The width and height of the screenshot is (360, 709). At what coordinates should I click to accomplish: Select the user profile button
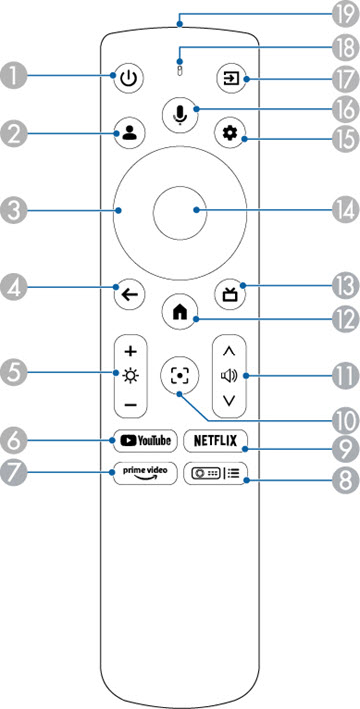coord(130,133)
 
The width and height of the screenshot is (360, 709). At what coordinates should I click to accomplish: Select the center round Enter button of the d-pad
coord(180,210)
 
